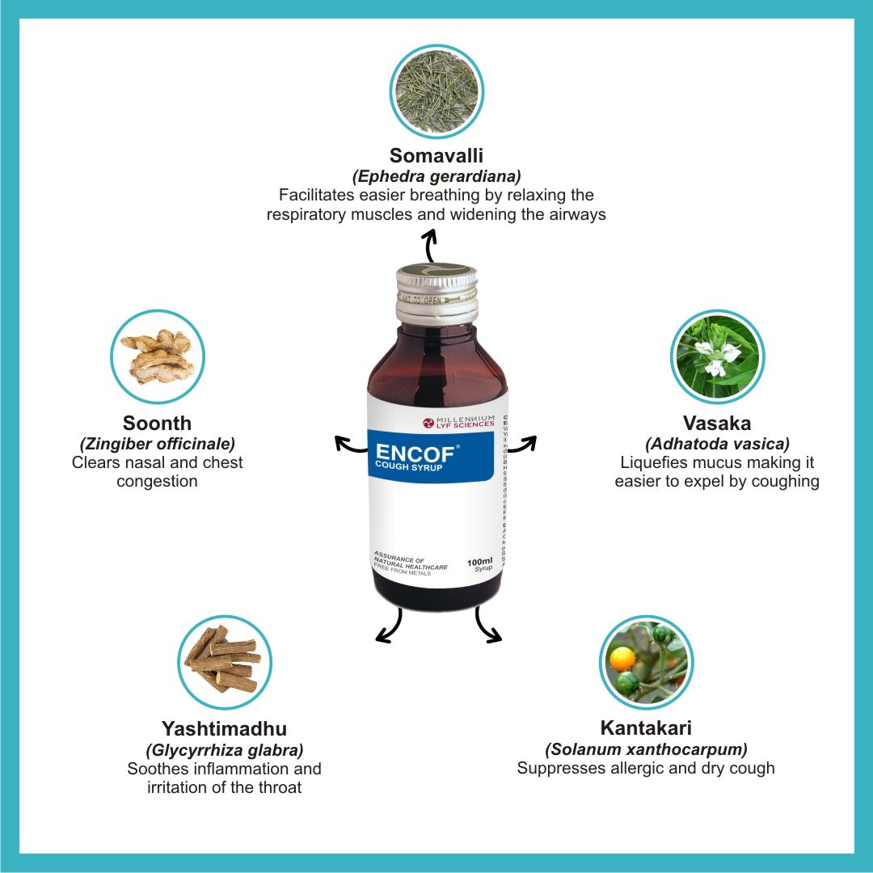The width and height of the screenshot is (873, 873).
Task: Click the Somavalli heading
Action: tap(436, 155)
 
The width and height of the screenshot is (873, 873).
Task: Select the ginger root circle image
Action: tap(158, 356)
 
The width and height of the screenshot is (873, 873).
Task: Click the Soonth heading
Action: tap(158, 423)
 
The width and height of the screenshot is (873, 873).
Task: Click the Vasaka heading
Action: tap(717, 423)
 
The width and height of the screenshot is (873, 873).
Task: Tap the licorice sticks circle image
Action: tap(224, 661)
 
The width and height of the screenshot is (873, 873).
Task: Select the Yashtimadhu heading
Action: tap(224, 728)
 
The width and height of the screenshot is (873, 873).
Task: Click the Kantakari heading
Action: tap(646, 727)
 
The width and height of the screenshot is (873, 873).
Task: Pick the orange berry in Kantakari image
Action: tap(622, 660)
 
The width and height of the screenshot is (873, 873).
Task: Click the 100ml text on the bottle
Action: tap(480, 561)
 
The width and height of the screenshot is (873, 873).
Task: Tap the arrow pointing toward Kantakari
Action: tap(488, 626)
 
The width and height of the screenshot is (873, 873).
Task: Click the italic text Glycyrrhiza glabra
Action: tap(224, 749)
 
